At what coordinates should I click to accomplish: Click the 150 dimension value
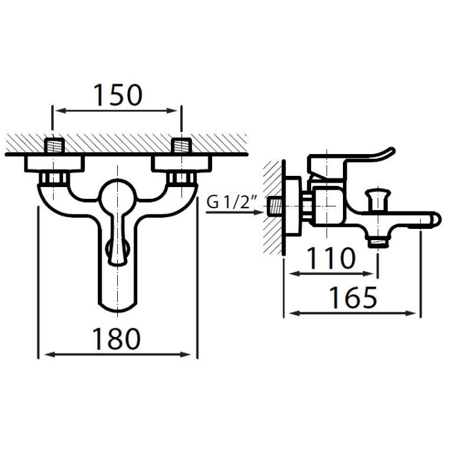point(118,95)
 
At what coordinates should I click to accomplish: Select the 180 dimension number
point(117,339)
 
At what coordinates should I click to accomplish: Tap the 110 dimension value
point(331,259)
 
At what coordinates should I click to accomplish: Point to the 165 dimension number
point(353,298)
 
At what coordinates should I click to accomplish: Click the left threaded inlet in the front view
point(54,145)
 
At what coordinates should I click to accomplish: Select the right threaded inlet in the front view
point(181,145)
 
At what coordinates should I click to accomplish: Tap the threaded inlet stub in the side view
point(274,207)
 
